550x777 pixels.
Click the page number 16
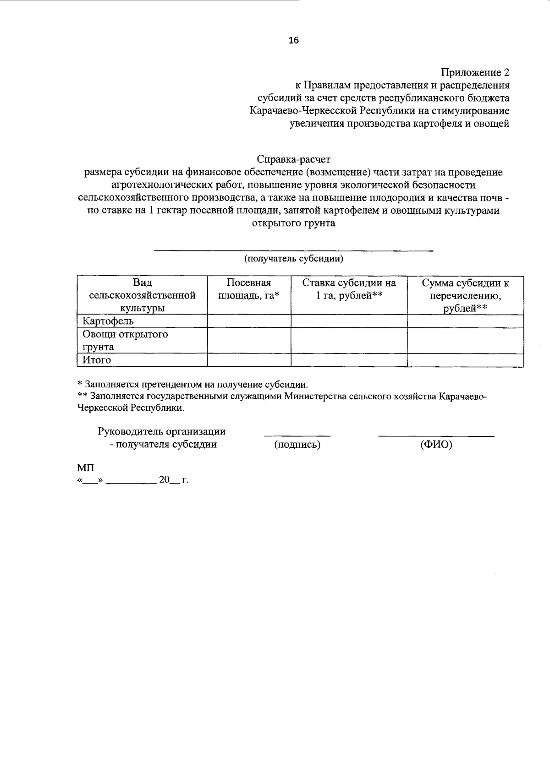point(293,40)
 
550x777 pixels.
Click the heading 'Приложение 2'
point(475,72)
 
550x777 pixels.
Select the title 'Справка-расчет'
point(293,159)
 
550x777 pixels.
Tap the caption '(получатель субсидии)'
point(293,259)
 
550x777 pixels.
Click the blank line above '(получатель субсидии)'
point(293,250)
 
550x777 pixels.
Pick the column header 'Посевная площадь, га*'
point(249,289)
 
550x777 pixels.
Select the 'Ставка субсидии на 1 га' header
point(349,289)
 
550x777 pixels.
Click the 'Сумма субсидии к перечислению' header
point(465,295)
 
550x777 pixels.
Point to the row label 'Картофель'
point(108,321)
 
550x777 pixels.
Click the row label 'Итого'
point(97,360)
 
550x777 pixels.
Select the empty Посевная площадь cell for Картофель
point(249,321)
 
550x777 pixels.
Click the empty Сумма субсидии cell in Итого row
point(465,360)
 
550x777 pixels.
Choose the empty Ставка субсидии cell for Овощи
point(349,340)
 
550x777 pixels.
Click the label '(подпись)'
point(297,444)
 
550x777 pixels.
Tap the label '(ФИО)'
point(436,444)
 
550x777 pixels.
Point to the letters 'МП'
point(86,468)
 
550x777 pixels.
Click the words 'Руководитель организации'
point(161,431)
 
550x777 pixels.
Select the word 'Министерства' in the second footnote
point(314,396)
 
